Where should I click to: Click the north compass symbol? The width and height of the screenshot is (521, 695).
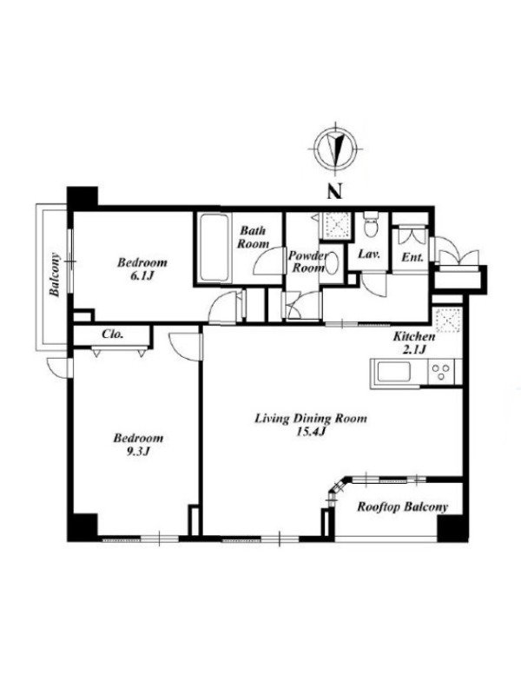coord(335,149)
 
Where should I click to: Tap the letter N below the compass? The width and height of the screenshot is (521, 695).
coord(335,192)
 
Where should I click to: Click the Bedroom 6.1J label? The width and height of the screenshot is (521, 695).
coord(142,269)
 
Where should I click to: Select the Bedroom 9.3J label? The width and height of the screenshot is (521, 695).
coord(138,445)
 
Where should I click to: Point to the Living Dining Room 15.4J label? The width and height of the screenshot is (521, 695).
coord(311,425)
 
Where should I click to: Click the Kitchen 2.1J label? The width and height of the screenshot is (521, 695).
coord(414,342)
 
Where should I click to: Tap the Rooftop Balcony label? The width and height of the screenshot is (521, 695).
coord(402,506)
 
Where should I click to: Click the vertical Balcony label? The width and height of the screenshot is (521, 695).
coord(55,275)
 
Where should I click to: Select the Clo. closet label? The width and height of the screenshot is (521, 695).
coord(112,334)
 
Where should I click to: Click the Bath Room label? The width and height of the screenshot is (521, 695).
coord(253,237)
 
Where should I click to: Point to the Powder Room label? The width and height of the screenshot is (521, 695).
coord(308,262)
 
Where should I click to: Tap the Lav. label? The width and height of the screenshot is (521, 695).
coord(369,255)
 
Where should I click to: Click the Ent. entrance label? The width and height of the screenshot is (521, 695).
coord(412,256)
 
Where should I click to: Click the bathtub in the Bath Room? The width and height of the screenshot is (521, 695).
coord(214,248)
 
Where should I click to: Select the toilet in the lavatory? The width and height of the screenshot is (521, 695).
coord(370,225)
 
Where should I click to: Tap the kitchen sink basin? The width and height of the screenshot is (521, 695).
coord(394,372)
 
